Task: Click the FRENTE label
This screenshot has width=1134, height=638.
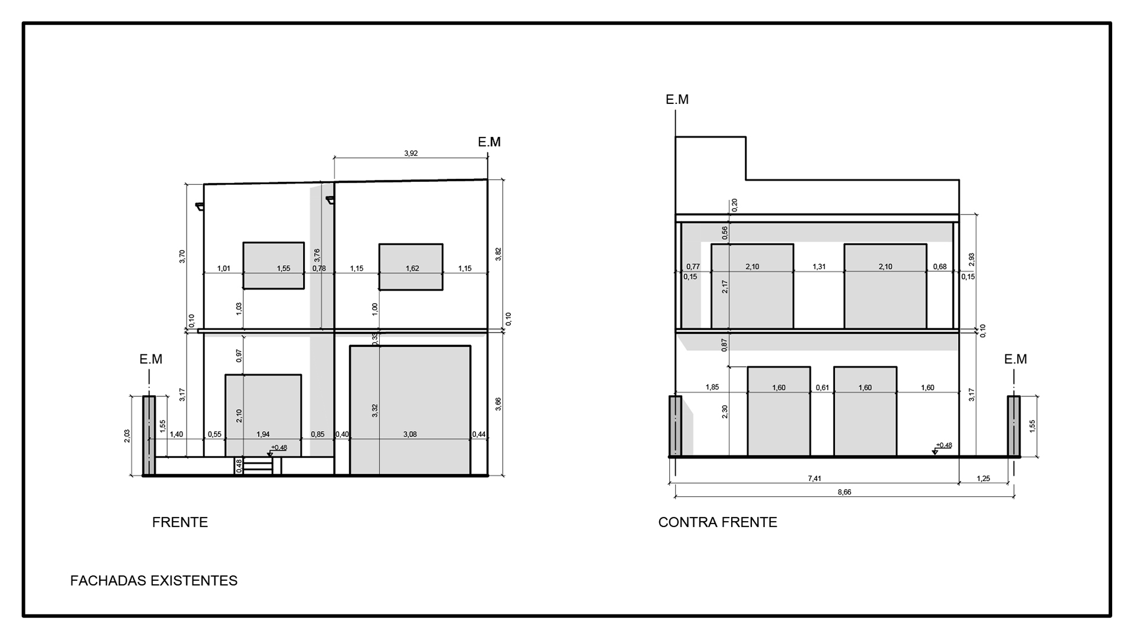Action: point(180,522)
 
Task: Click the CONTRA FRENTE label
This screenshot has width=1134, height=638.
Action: point(718,522)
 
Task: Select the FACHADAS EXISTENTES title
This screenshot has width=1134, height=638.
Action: point(154,581)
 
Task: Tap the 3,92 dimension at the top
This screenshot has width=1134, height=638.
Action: point(411,154)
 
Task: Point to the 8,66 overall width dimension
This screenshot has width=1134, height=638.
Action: point(845,492)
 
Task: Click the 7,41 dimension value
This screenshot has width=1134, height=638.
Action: point(814,479)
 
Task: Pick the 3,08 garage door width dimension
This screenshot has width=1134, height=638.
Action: point(410,434)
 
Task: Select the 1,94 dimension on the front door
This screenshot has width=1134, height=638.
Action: point(263,434)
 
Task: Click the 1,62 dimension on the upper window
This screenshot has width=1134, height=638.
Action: point(412,269)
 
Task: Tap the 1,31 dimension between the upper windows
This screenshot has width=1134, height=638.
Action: point(819,267)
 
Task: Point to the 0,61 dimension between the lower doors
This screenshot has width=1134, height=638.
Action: point(822,388)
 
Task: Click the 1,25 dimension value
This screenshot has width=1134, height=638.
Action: point(983,479)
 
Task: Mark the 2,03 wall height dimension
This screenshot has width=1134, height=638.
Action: point(127,436)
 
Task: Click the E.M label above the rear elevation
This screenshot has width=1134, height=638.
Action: point(677,100)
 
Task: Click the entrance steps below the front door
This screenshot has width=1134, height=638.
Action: point(258,466)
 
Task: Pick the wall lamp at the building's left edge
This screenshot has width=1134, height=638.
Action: point(200,206)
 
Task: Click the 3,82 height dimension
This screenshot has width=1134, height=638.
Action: point(498,254)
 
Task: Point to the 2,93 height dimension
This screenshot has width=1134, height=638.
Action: point(972,260)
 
